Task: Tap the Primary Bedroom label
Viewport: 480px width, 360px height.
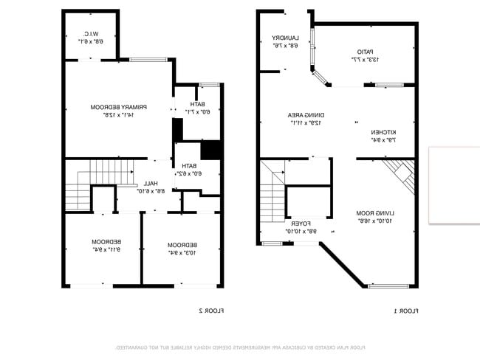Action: (118, 111)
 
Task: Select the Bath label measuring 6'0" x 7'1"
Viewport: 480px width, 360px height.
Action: (197, 108)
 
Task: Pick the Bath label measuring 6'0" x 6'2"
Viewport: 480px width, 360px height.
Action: (189, 170)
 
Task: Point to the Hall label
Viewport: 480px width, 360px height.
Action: (151, 187)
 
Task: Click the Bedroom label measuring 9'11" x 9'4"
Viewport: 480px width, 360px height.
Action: (106, 246)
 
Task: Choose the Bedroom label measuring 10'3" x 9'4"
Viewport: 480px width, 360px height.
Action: (182, 249)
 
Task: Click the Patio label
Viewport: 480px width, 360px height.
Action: (357, 55)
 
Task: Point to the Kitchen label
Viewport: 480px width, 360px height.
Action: (383, 136)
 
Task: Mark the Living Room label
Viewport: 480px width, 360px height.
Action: (373, 216)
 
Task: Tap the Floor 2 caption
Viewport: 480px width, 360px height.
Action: (210, 311)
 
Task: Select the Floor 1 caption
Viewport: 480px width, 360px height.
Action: (406, 311)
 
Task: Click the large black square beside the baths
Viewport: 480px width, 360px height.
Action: (211, 149)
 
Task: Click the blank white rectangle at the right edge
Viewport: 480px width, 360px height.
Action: (454, 185)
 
